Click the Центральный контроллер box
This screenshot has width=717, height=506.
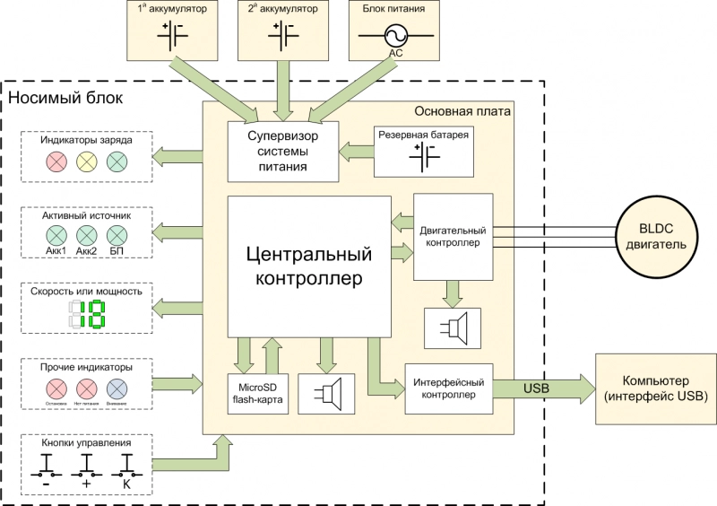click(309, 266)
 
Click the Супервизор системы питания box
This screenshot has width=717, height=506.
click(282, 148)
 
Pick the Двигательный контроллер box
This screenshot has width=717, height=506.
click(453, 237)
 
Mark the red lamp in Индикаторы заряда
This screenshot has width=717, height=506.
click(56, 162)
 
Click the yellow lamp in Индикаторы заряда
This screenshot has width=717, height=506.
click(86, 162)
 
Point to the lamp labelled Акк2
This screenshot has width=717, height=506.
click(86, 235)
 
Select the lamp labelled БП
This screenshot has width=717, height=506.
click(117, 235)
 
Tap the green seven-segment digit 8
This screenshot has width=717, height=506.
click(96, 314)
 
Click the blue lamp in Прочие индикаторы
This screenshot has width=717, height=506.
click(117, 388)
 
